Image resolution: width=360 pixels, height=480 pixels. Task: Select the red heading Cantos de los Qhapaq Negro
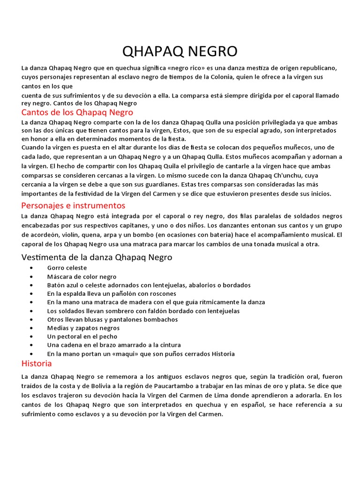77,112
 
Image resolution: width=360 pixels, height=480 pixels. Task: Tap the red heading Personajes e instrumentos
73,205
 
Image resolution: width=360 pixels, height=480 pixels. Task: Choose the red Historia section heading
37,363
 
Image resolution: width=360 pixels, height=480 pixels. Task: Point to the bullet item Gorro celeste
67,268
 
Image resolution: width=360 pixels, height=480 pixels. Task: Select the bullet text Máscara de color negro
82,277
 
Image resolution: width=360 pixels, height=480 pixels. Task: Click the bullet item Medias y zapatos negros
83,328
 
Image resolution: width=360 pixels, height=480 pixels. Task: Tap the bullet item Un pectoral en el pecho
82,336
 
